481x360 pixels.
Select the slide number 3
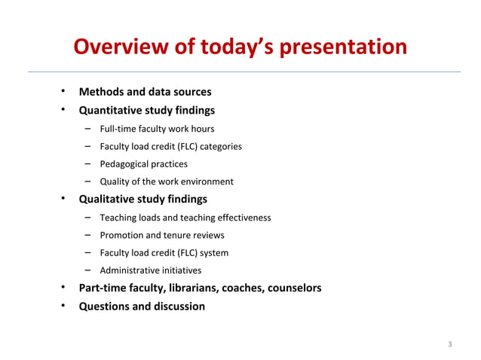click(x=449, y=345)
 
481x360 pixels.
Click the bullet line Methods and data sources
click(x=146, y=92)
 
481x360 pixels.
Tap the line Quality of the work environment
click(x=166, y=182)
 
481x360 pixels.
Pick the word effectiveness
click(x=244, y=218)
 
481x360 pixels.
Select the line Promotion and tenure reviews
click(x=161, y=235)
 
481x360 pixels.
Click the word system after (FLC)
click(x=213, y=253)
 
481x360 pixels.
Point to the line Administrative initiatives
click(x=150, y=270)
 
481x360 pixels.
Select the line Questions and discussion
click(x=142, y=307)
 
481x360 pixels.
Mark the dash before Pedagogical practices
click(x=88, y=163)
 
